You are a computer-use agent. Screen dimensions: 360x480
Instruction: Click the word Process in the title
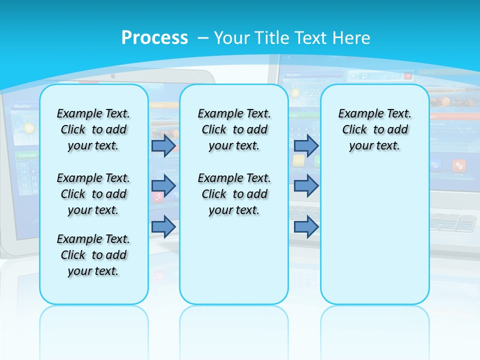click(x=154, y=38)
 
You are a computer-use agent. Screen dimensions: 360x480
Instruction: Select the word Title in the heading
click(x=272, y=38)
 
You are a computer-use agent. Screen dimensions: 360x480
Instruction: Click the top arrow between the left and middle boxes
click(x=163, y=145)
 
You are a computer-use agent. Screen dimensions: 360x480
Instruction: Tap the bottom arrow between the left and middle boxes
click(x=163, y=226)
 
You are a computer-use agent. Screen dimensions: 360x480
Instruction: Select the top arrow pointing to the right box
click(x=306, y=145)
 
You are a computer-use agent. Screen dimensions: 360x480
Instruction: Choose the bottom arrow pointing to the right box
click(x=306, y=226)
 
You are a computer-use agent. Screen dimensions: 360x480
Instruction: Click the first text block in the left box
click(x=93, y=129)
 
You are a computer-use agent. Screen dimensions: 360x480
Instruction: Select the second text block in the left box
click(x=93, y=194)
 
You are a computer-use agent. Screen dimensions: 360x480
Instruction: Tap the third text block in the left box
click(x=93, y=255)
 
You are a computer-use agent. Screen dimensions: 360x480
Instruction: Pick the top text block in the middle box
click(x=234, y=129)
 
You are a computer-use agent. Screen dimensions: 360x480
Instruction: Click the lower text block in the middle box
click(x=234, y=194)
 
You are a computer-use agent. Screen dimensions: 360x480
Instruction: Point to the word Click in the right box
click(x=354, y=129)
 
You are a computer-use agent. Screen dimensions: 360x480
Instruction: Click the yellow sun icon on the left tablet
click(x=29, y=128)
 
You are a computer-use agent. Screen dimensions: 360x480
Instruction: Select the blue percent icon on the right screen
click(x=434, y=165)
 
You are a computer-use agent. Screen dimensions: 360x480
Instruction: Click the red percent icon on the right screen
click(x=459, y=165)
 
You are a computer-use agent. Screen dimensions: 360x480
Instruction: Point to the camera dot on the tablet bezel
click(x=113, y=76)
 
